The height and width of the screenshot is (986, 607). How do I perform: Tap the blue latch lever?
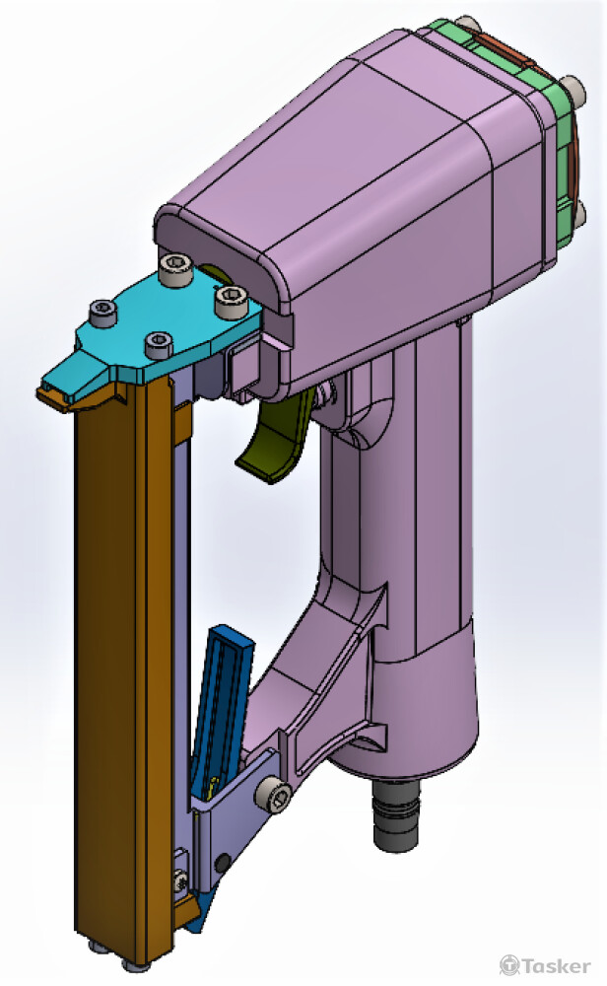click(x=222, y=690)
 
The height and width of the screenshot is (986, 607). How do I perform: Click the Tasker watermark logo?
click(x=546, y=964)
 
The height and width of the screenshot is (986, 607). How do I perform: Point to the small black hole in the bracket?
click(x=226, y=863)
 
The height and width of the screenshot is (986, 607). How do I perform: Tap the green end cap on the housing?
click(x=552, y=148)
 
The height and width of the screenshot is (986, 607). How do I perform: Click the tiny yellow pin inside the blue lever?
click(x=213, y=787)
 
